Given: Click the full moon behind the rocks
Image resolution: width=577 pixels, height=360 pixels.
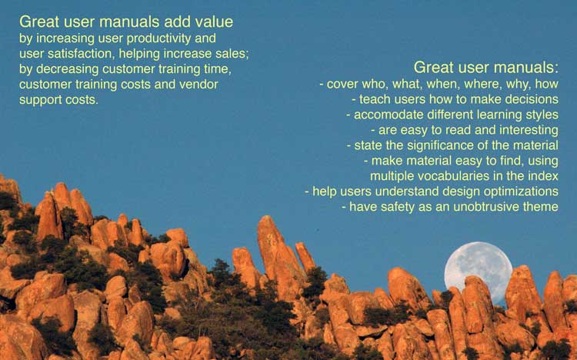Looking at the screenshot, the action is point(478,272).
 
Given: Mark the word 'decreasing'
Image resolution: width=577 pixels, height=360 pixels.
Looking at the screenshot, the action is point(68,69).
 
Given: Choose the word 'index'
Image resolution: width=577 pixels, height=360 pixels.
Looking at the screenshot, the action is point(543,176).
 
